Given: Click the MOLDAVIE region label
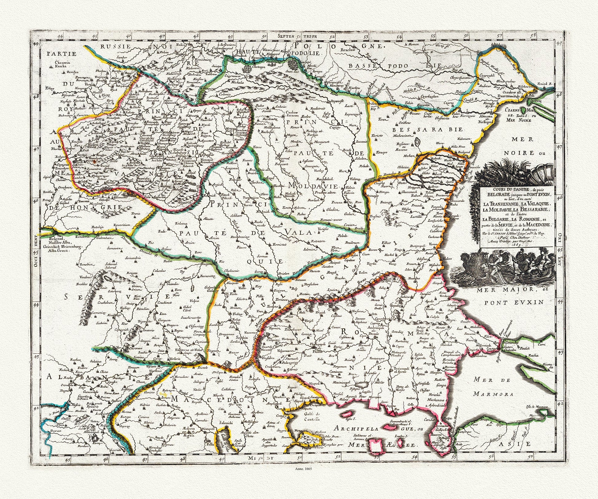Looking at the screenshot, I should pyautogui.click(x=313, y=186).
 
